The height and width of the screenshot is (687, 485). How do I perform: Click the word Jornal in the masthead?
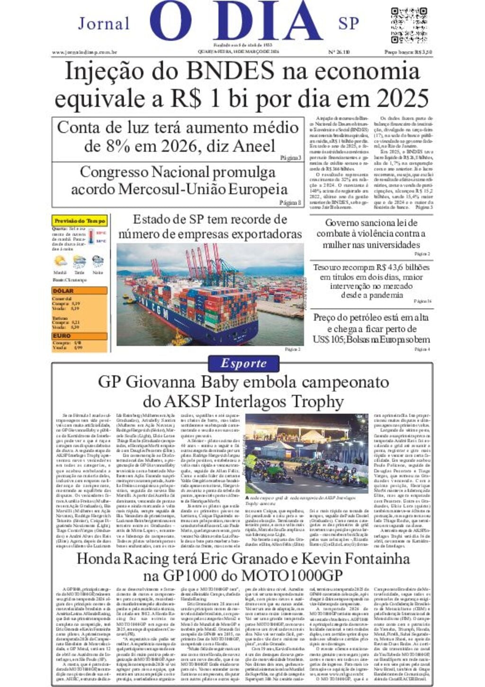[x=104, y=23]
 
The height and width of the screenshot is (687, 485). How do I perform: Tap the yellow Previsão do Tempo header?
[x=80, y=221]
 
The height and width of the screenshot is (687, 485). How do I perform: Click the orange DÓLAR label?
[x=63, y=291]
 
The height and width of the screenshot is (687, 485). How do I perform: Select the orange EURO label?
[x=62, y=336]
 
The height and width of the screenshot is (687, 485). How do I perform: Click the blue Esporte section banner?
[x=243, y=364]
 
